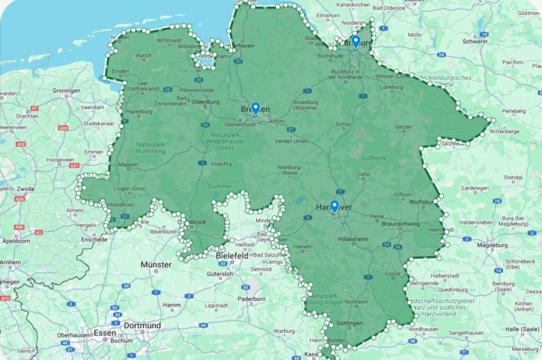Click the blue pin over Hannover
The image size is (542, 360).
click(x=334, y=206)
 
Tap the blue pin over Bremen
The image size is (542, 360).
click(x=255, y=108)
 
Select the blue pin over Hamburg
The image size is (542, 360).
click(x=356, y=41)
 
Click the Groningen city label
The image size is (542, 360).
click(x=66, y=91)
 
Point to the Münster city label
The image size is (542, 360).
click(x=156, y=265)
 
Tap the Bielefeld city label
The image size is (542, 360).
click(x=232, y=256)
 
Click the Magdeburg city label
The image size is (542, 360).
click(x=492, y=245)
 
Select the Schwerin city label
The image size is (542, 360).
click(x=474, y=41)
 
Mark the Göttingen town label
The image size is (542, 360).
click(x=348, y=323)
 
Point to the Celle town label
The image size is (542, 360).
click(x=363, y=174)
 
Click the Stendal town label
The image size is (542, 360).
click(x=512, y=177)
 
